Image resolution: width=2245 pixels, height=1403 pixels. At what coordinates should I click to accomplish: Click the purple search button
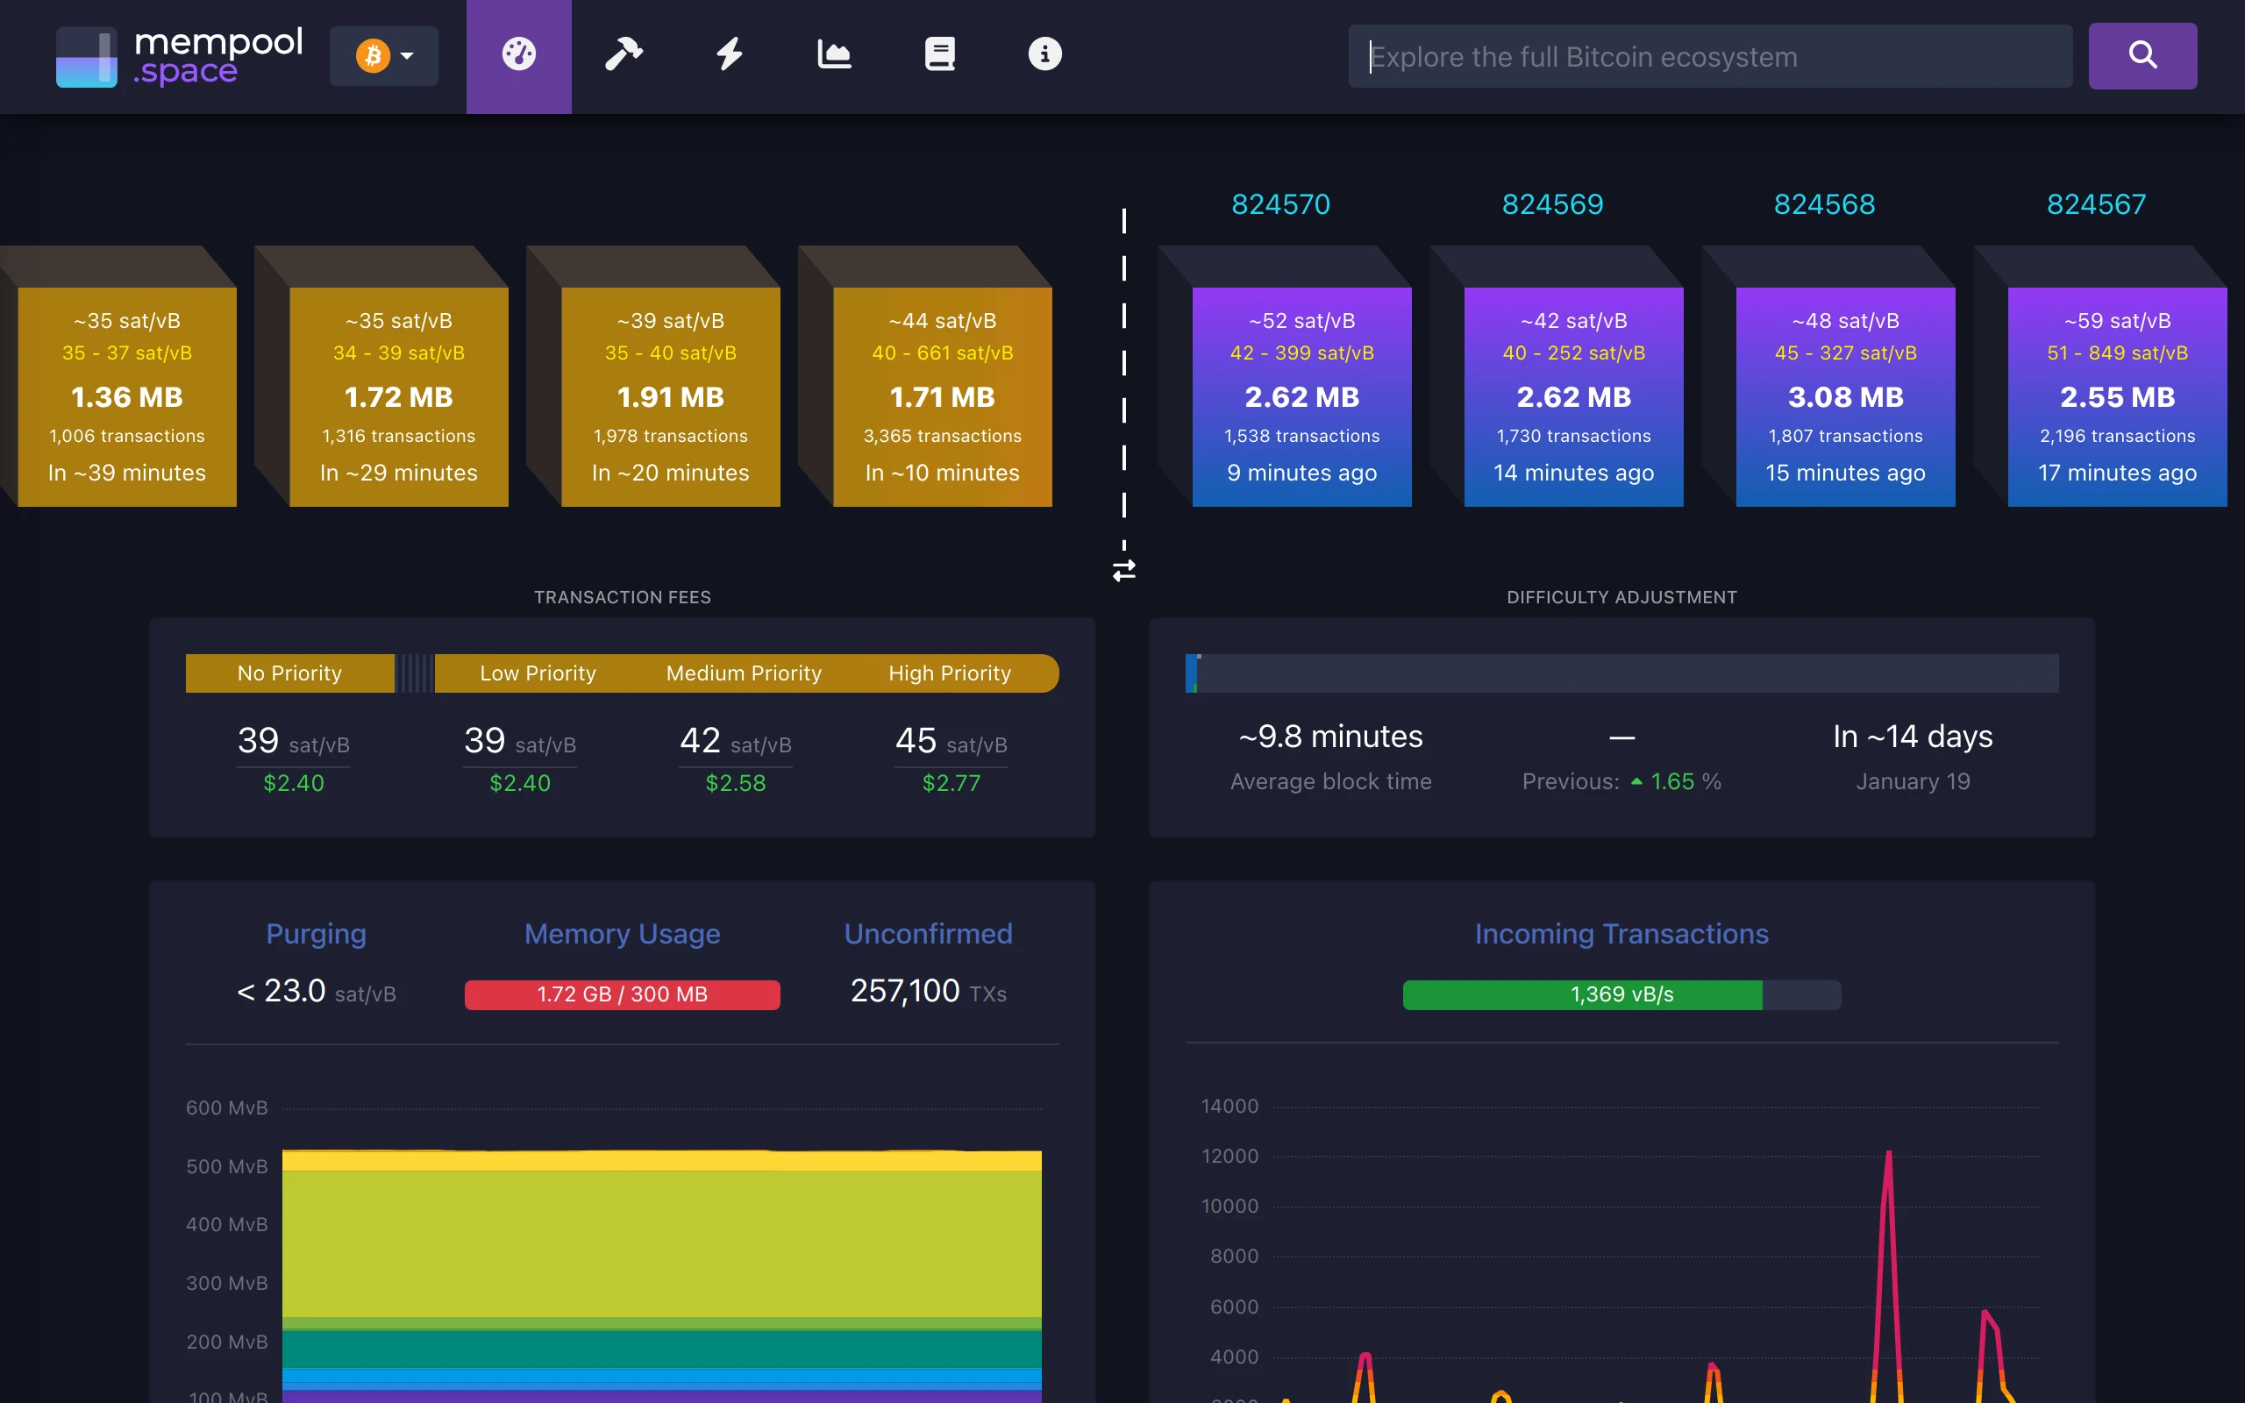(2142, 55)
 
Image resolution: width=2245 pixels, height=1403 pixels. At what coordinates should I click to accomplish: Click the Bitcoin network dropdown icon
(383, 55)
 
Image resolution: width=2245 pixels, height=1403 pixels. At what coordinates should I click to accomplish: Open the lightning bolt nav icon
(729, 53)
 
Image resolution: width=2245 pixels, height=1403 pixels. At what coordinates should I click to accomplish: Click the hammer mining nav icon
(624, 53)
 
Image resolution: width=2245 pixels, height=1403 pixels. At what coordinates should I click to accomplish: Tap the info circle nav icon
(1044, 53)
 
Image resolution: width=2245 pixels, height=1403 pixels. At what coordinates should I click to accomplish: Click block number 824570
(1280, 204)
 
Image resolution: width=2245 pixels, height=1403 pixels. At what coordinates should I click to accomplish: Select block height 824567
(2096, 204)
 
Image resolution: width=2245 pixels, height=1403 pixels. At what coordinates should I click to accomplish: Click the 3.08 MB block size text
(1845, 397)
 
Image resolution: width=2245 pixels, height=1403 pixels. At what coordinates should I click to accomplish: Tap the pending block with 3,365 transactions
(942, 397)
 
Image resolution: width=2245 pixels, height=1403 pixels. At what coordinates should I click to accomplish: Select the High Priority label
(949, 673)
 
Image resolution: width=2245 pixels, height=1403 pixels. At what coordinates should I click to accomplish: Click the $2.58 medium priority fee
(736, 783)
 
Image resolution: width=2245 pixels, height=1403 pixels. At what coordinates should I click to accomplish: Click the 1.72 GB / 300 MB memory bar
(622, 994)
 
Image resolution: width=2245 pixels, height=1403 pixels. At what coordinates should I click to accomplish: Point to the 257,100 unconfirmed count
(905, 991)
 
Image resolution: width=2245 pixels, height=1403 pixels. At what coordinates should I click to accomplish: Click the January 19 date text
(1912, 781)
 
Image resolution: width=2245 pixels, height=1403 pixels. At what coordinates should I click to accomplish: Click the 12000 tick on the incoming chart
(1229, 1157)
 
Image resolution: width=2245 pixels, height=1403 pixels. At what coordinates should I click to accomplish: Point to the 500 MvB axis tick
(226, 1166)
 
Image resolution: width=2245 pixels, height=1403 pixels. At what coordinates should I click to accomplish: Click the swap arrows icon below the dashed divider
(1123, 570)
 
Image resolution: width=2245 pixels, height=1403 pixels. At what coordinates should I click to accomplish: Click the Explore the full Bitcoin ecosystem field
(1709, 57)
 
